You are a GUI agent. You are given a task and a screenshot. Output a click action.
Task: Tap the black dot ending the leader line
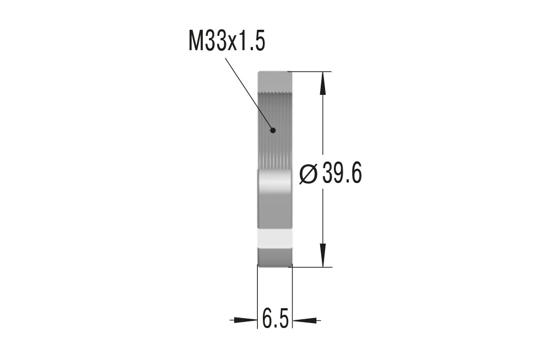point(272,130)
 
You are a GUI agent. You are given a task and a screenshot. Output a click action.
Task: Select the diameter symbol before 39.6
point(309,174)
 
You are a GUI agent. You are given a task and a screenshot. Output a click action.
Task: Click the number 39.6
point(342,174)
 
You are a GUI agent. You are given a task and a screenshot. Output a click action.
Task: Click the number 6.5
point(275,319)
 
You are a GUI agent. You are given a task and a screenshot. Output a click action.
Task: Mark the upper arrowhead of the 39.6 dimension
point(323,82)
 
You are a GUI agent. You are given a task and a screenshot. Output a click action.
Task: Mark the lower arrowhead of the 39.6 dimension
point(323,256)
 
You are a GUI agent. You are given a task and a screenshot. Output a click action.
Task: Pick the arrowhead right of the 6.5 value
point(305,319)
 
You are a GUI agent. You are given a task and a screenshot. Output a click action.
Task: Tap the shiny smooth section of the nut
point(274,198)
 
